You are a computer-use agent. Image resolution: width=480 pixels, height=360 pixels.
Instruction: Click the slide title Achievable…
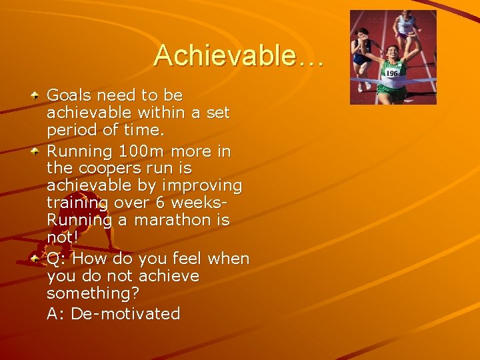pos(239,56)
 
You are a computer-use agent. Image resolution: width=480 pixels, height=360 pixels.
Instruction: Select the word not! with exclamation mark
pos(62,237)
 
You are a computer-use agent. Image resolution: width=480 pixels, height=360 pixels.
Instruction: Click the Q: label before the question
pos(57,258)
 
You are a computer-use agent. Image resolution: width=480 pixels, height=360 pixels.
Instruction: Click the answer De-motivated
pos(125,313)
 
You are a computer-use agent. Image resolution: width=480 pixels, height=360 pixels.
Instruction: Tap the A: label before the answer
pos(56,313)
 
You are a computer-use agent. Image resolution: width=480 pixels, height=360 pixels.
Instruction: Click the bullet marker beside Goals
pos(35,96)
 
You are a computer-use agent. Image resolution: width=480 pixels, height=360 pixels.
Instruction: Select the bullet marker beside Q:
pos(35,258)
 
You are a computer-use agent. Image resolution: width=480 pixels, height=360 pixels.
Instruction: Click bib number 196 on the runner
pos(392,73)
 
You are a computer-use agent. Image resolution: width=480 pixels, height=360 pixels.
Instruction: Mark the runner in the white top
pos(406,27)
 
